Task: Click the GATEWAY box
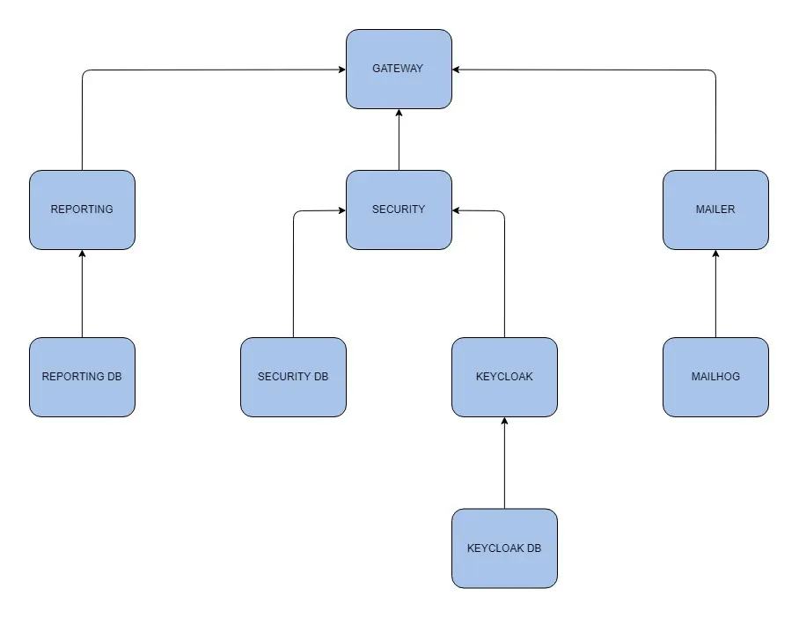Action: tap(399, 69)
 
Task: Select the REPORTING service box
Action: tap(82, 210)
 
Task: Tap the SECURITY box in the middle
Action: tap(399, 210)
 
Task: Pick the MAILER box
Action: tap(715, 210)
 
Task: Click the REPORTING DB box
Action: tap(82, 377)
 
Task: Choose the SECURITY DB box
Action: tap(293, 377)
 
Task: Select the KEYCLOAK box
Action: tap(504, 377)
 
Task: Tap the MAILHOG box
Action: tap(715, 377)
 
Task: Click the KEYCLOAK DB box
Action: tap(504, 548)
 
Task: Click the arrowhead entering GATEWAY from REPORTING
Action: tap(341, 70)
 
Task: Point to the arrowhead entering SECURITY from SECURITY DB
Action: tap(341, 210)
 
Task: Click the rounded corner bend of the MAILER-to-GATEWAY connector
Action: tap(714, 72)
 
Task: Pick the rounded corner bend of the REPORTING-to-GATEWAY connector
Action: tap(84, 72)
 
